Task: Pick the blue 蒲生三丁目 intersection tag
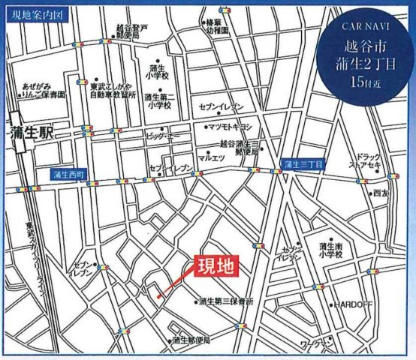click(x=302, y=163)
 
